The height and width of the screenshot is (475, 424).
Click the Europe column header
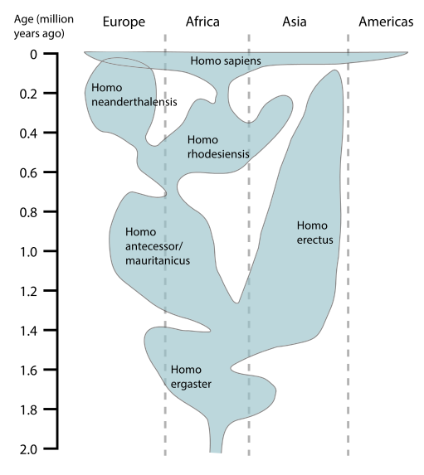pos(124,22)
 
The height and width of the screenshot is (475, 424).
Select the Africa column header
pos(202,22)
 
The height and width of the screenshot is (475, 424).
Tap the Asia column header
pos(295,22)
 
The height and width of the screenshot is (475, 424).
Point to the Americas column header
pos(386,22)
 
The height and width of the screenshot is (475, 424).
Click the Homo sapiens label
pos(226,61)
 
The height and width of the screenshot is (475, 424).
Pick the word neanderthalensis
pos(134,102)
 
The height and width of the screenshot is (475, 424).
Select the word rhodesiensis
pos(218,154)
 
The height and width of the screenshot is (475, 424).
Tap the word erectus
pos(314,240)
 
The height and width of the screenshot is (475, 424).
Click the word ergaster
pos(191,385)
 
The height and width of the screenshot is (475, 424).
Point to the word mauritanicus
pos(158,260)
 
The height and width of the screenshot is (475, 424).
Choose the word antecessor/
pos(154,246)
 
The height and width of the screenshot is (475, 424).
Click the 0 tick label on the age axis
pos(33,55)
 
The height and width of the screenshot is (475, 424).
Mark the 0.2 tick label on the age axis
pos(28,95)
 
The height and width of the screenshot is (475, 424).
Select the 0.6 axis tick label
pos(28,173)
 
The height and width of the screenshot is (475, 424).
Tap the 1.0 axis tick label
pos(28,252)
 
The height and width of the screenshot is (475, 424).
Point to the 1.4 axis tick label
pos(28,331)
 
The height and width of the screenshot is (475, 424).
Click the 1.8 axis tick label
pos(28,410)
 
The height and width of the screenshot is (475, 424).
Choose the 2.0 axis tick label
pos(28,449)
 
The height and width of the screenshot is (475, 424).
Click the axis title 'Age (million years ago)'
pos(44,27)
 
